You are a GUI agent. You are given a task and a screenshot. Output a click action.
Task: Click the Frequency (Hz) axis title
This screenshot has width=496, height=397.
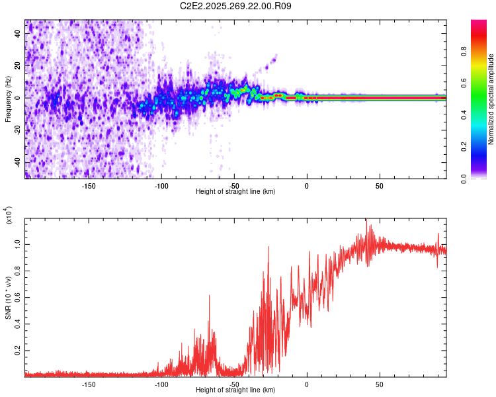click(x=8, y=99)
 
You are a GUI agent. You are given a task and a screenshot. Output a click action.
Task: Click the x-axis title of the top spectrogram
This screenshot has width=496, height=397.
click(x=235, y=191)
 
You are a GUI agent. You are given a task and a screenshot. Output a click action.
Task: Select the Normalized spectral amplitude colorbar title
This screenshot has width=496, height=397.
click(x=491, y=99)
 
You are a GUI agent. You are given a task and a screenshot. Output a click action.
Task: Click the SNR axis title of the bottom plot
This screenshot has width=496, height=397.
click(x=8, y=298)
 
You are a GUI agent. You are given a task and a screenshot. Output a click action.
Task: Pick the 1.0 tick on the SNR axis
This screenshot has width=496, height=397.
click(x=19, y=243)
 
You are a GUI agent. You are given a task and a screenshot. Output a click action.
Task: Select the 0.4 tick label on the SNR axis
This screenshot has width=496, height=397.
click(x=19, y=324)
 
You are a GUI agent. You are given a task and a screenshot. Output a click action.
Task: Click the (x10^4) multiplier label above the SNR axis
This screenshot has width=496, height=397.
click(x=8, y=216)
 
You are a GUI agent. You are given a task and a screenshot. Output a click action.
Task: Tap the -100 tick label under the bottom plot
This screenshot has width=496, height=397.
click(x=161, y=384)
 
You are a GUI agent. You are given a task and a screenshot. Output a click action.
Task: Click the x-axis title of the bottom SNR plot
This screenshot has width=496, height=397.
click(x=235, y=390)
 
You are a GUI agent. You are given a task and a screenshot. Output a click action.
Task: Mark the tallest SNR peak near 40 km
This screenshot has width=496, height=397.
click(x=366, y=220)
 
